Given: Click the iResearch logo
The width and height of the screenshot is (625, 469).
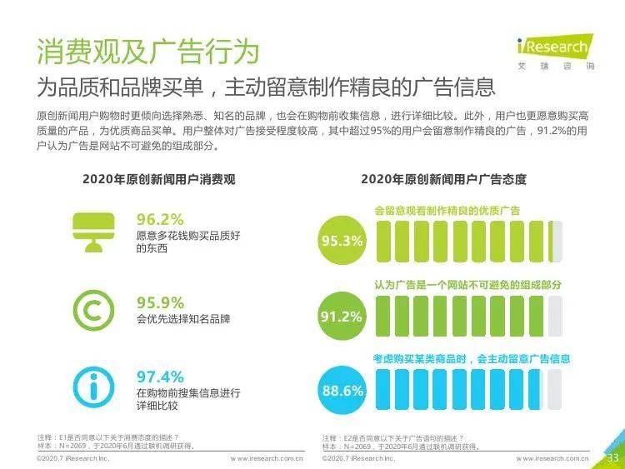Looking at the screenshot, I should click(x=552, y=48).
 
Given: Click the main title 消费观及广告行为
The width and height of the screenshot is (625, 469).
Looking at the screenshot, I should click(x=147, y=51).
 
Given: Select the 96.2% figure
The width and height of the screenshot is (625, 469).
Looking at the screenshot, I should click(x=159, y=219).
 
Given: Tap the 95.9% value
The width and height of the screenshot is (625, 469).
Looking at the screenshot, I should click(x=160, y=302).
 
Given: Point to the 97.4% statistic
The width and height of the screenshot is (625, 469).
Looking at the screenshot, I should click(x=160, y=377).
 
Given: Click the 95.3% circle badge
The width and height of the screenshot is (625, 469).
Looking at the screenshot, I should click(x=342, y=242).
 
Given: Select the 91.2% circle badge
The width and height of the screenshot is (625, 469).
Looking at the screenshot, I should click(x=342, y=317).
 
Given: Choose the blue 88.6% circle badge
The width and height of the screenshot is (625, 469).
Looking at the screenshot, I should click(x=342, y=390).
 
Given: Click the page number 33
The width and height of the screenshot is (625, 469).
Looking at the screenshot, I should click(x=612, y=457).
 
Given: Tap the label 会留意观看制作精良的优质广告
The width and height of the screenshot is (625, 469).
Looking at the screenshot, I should click(x=447, y=211).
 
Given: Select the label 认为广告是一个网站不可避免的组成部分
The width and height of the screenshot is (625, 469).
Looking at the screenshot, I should click(x=467, y=285).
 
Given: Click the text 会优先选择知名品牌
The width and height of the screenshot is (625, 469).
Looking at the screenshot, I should click(x=183, y=319).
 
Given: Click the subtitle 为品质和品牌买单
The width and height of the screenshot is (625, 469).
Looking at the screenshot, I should click(x=267, y=87).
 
